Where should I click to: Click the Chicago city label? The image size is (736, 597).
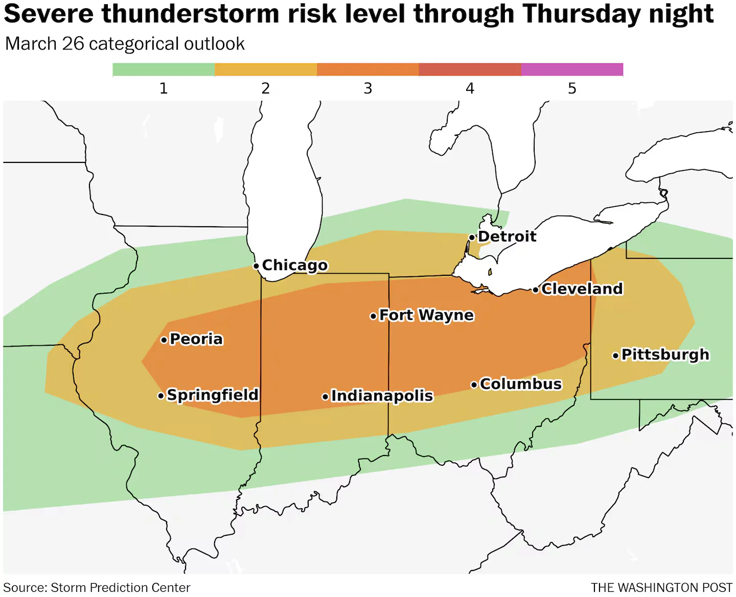click(294, 266)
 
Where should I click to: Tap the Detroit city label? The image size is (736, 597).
click(507, 236)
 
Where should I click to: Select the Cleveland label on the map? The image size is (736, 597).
click(582, 289)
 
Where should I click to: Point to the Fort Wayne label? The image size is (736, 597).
click(426, 316)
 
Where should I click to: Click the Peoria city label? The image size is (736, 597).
click(196, 339)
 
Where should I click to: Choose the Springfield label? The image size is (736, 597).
click(213, 395)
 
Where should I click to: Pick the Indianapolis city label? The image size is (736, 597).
click(382, 396)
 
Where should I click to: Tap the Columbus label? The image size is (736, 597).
click(521, 384)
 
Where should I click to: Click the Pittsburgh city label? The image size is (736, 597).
click(665, 354)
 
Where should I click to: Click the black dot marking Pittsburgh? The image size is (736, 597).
click(615, 355)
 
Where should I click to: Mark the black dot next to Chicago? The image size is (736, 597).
click(256, 266)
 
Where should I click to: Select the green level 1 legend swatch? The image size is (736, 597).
click(164, 69)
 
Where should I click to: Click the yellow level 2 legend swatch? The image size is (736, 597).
click(266, 69)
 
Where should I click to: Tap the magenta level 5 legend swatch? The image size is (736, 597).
click(572, 69)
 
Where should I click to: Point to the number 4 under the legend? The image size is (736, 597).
click(470, 89)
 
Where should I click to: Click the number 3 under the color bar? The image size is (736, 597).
click(367, 89)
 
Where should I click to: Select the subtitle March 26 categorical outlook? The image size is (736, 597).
click(125, 44)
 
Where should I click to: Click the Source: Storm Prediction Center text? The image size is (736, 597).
click(97, 588)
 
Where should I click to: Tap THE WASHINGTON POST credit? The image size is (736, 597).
click(661, 588)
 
